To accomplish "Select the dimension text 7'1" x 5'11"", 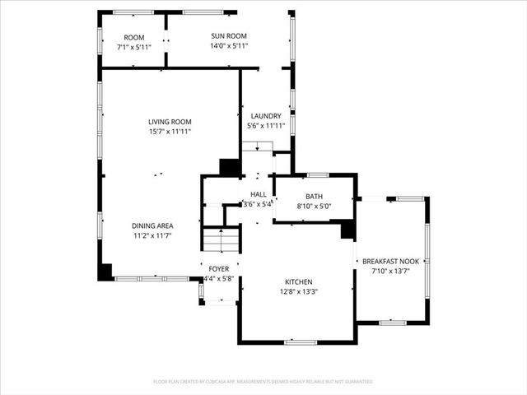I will (134, 47).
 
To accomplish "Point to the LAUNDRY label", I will (265, 116).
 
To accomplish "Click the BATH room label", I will (314, 196).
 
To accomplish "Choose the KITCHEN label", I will (299, 281).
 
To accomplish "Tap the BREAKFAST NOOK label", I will (391, 261).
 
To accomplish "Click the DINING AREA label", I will (152, 225).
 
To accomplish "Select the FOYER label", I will (218, 269).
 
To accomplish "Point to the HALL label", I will (258, 194).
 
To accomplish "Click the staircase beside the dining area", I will (222, 241).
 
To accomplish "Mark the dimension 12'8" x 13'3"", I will (299, 290).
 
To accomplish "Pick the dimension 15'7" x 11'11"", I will (170, 131).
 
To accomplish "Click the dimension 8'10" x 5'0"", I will (314, 206).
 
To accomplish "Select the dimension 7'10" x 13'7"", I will (391, 271).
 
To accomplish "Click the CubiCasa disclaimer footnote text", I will (263, 382).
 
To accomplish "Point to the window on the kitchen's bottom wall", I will (300, 342).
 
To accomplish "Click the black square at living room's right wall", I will (229, 166).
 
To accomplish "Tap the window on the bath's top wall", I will (318, 174).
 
